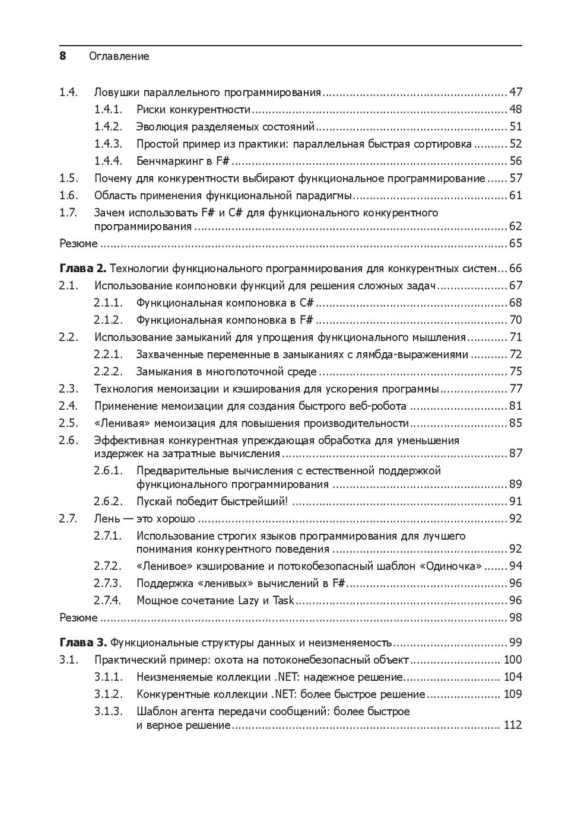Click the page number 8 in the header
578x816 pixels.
pos(62,56)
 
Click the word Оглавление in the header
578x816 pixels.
pos(119,56)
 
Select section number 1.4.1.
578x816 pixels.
pos(108,109)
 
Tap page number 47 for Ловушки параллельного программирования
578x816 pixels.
pos(515,92)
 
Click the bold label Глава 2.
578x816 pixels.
pos(82,269)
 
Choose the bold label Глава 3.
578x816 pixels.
pos(82,642)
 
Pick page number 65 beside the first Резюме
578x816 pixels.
pos(515,243)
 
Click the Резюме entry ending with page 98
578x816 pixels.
pos(78,617)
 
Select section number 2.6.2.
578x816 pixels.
pos(108,501)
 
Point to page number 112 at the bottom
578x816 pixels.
pos(512,725)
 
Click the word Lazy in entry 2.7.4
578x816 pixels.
pos(249,600)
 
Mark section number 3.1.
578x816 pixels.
pos(69,659)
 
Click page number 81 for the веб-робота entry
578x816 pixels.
pos(515,406)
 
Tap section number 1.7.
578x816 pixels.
pos(69,212)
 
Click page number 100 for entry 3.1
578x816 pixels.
pos(512,659)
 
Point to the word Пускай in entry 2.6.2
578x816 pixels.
pos(153,501)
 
